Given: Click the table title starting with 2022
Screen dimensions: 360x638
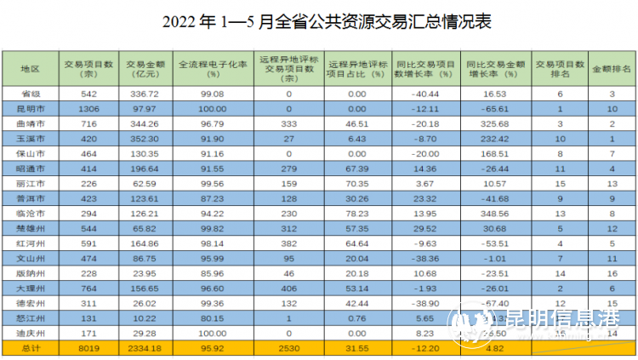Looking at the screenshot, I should click(x=319, y=20).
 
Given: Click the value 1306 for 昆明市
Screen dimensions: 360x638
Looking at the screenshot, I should click(x=88, y=109).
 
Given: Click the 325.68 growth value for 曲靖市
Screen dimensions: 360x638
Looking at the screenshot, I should click(x=493, y=124).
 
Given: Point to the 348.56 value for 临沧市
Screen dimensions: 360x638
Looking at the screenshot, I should click(x=493, y=212).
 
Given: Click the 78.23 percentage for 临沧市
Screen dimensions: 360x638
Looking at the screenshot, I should click(x=356, y=212).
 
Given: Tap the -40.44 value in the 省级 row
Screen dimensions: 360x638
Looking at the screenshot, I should click(x=426, y=94).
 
